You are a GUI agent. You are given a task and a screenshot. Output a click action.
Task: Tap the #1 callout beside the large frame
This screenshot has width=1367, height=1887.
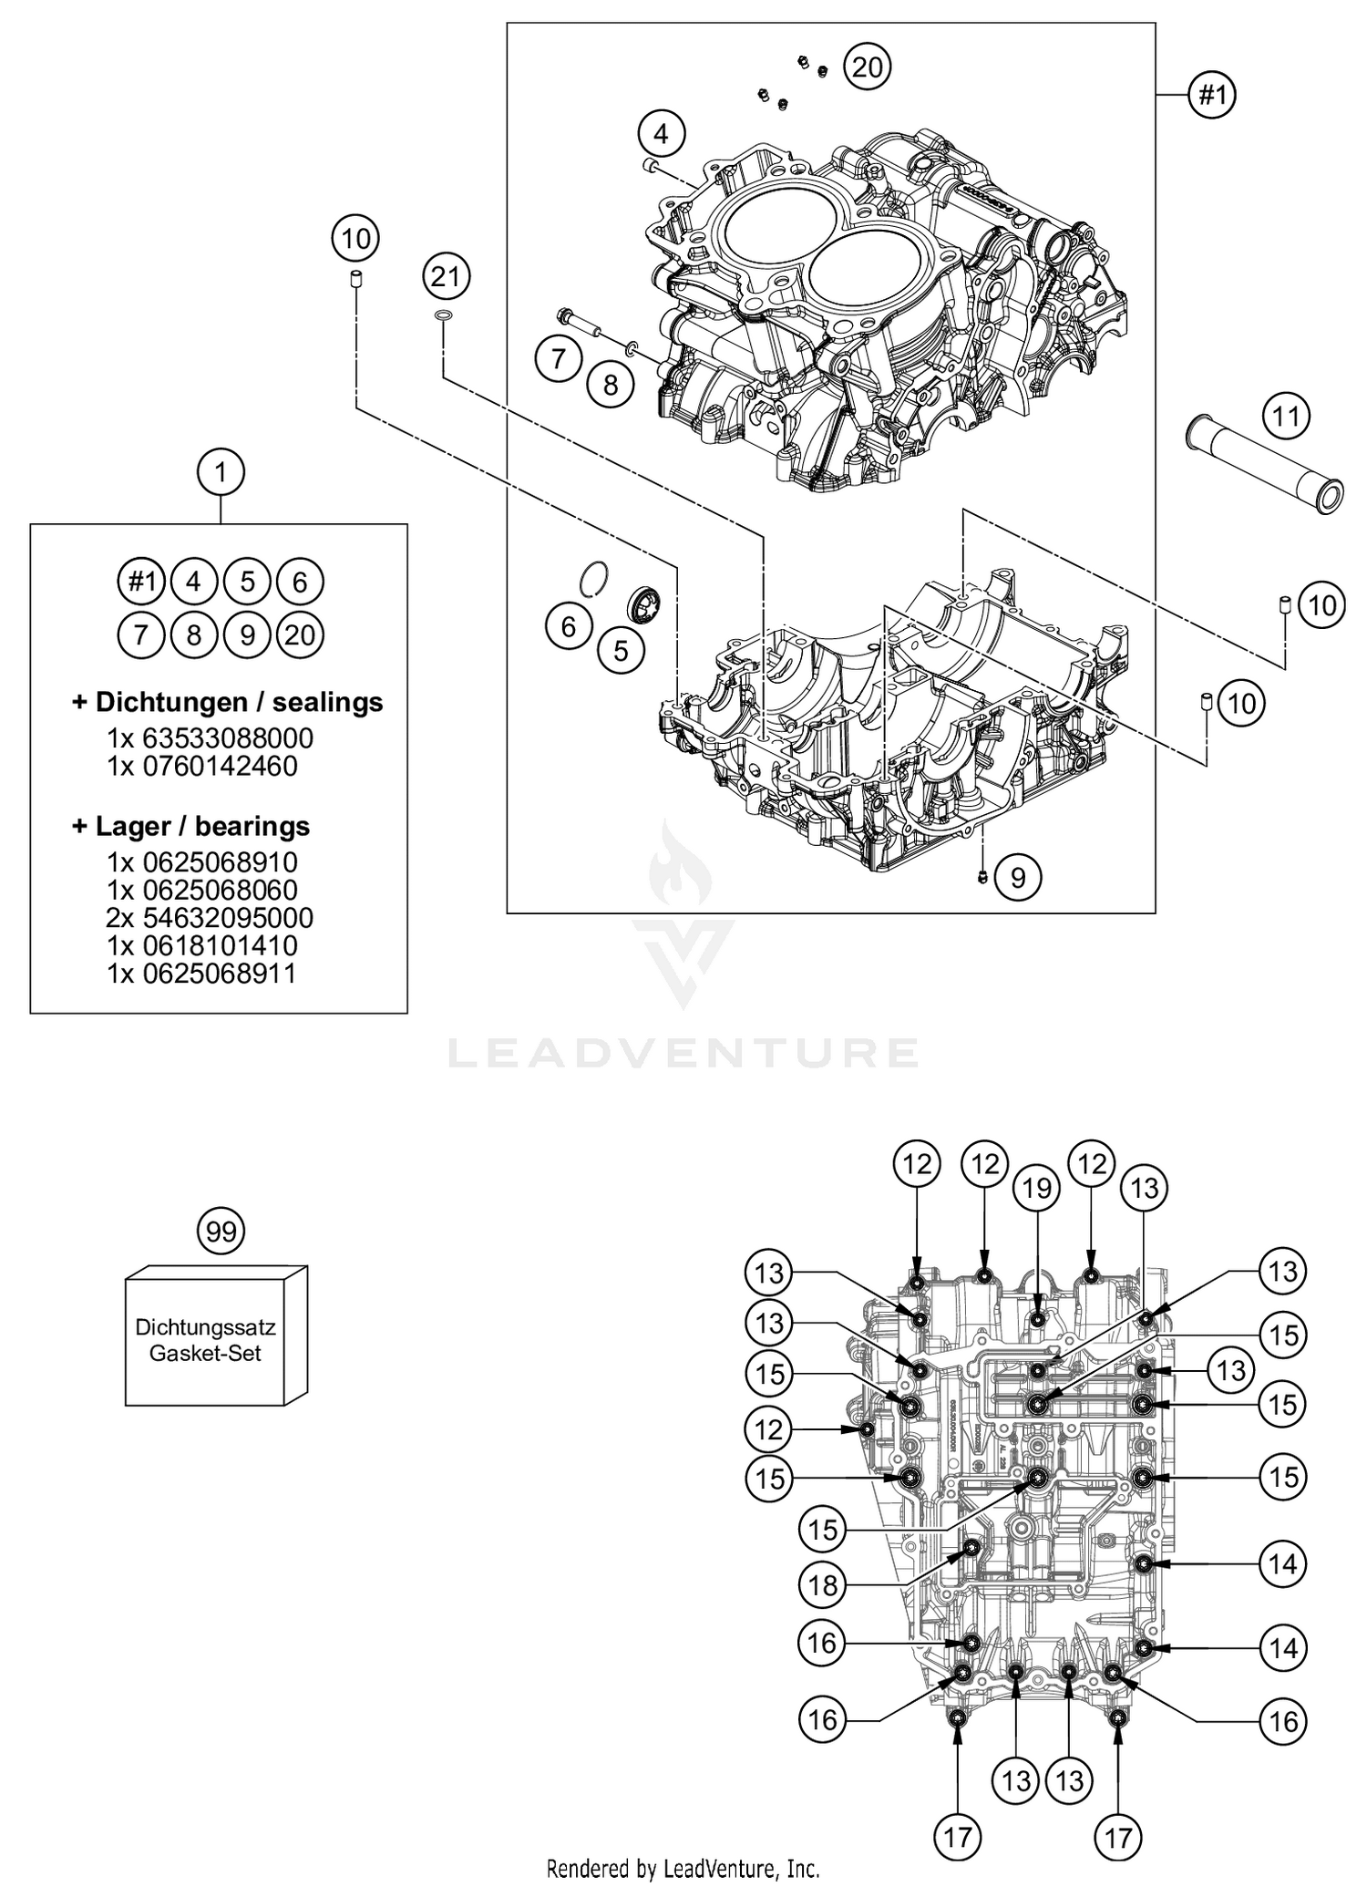[x=1212, y=94]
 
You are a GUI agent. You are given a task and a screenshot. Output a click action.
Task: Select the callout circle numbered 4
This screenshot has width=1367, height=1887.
[x=661, y=134]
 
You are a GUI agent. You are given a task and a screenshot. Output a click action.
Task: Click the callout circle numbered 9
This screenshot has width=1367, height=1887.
[x=1018, y=877]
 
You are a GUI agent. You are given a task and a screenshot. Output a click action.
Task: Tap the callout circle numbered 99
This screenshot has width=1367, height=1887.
[x=221, y=1232]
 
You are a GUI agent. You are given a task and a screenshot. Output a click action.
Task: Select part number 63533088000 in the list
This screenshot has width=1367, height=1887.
[x=228, y=737]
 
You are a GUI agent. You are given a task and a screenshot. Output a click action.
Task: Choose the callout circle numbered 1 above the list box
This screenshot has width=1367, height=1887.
[x=221, y=472]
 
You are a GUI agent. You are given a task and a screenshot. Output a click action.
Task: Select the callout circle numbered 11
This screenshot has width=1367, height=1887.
[x=1286, y=417]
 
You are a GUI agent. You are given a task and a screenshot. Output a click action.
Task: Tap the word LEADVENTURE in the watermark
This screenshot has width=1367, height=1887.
[x=683, y=1053]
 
